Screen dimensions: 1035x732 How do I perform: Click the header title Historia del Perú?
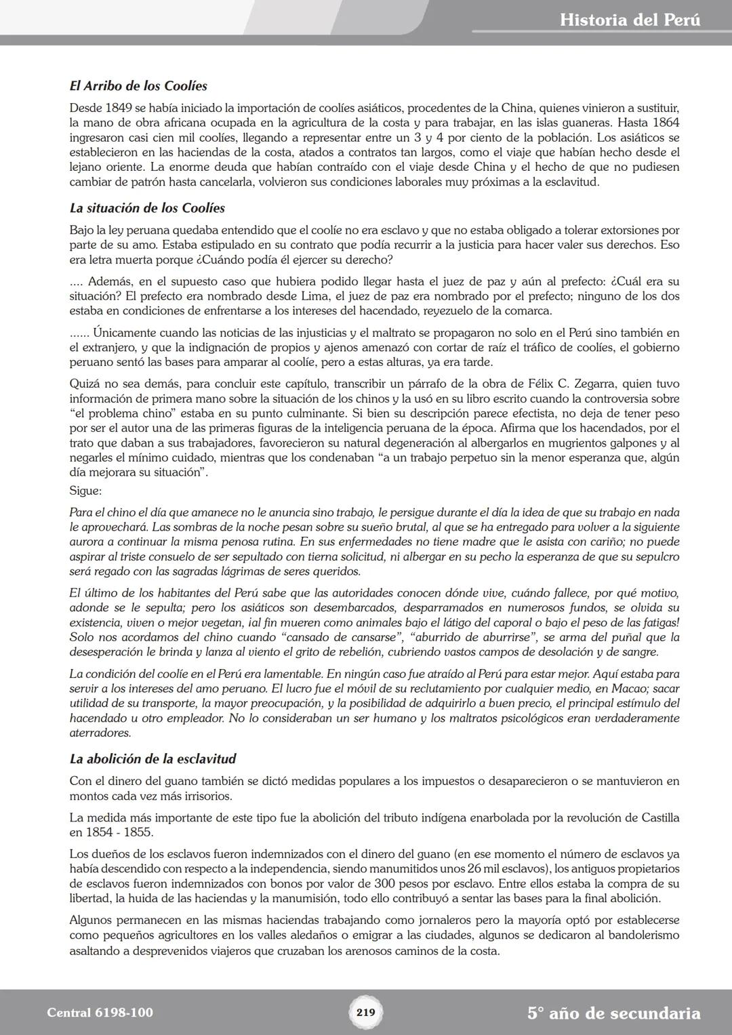click(x=630, y=20)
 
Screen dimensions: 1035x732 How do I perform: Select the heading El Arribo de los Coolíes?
click(x=138, y=86)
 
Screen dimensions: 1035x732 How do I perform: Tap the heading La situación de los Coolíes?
click(x=147, y=208)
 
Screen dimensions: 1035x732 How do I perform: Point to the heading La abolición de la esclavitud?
click(x=152, y=758)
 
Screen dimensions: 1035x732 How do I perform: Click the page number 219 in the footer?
click(x=365, y=1013)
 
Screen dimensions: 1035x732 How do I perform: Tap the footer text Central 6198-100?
click(x=100, y=1013)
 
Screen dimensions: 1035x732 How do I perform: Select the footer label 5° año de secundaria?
click(x=613, y=1013)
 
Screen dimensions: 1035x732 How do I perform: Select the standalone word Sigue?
click(x=85, y=491)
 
